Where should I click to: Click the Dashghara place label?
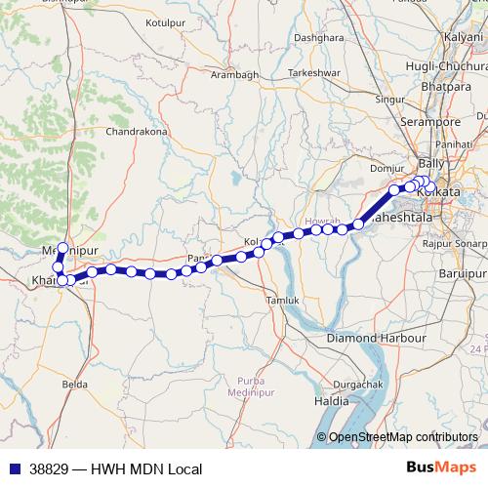click(319, 37)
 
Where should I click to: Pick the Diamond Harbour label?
click(377, 338)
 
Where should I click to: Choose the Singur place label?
click(390, 100)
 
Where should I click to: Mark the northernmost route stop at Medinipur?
click(62, 249)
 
